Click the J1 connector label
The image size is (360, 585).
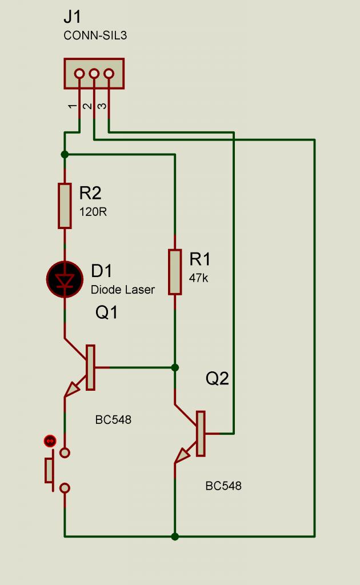(x=73, y=18)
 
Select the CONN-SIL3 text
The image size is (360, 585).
(x=95, y=35)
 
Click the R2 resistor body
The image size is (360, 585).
(x=65, y=206)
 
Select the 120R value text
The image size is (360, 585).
(x=93, y=211)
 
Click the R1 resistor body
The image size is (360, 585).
(x=175, y=272)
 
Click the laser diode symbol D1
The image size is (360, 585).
(x=64, y=279)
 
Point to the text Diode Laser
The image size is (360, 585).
(x=122, y=290)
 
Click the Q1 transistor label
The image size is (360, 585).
(x=106, y=312)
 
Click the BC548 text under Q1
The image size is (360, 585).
(x=113, y=420)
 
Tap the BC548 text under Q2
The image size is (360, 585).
(x=223, y=486)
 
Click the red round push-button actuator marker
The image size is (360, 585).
(x=50, y=440)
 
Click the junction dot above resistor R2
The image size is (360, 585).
(x=65, y=154)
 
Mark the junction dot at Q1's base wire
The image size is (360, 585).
(x=175, y=367)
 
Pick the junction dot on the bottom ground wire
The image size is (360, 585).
(x=175, y=536)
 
